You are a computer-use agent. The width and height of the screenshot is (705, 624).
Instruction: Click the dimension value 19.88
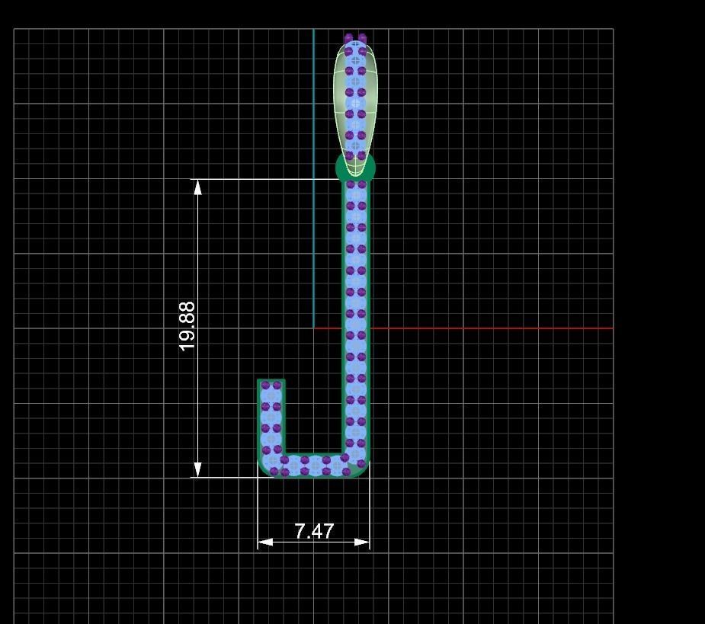point(187,326)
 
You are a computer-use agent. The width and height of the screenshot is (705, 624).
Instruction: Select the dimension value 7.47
point(314,531)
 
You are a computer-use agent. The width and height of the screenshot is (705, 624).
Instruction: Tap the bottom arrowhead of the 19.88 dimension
point(198,470)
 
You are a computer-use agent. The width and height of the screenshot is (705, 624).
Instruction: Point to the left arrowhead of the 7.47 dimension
point(264,542)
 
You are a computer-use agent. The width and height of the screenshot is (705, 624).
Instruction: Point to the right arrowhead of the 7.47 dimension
point(363,542)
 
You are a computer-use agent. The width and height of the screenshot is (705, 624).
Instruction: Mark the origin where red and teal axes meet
point(313,328)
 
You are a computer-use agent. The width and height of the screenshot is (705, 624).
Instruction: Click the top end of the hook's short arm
point(271,382)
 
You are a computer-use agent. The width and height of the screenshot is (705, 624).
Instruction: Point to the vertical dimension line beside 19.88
point(198,251)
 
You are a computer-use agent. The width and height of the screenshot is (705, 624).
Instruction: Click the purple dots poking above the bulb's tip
point(355,37)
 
